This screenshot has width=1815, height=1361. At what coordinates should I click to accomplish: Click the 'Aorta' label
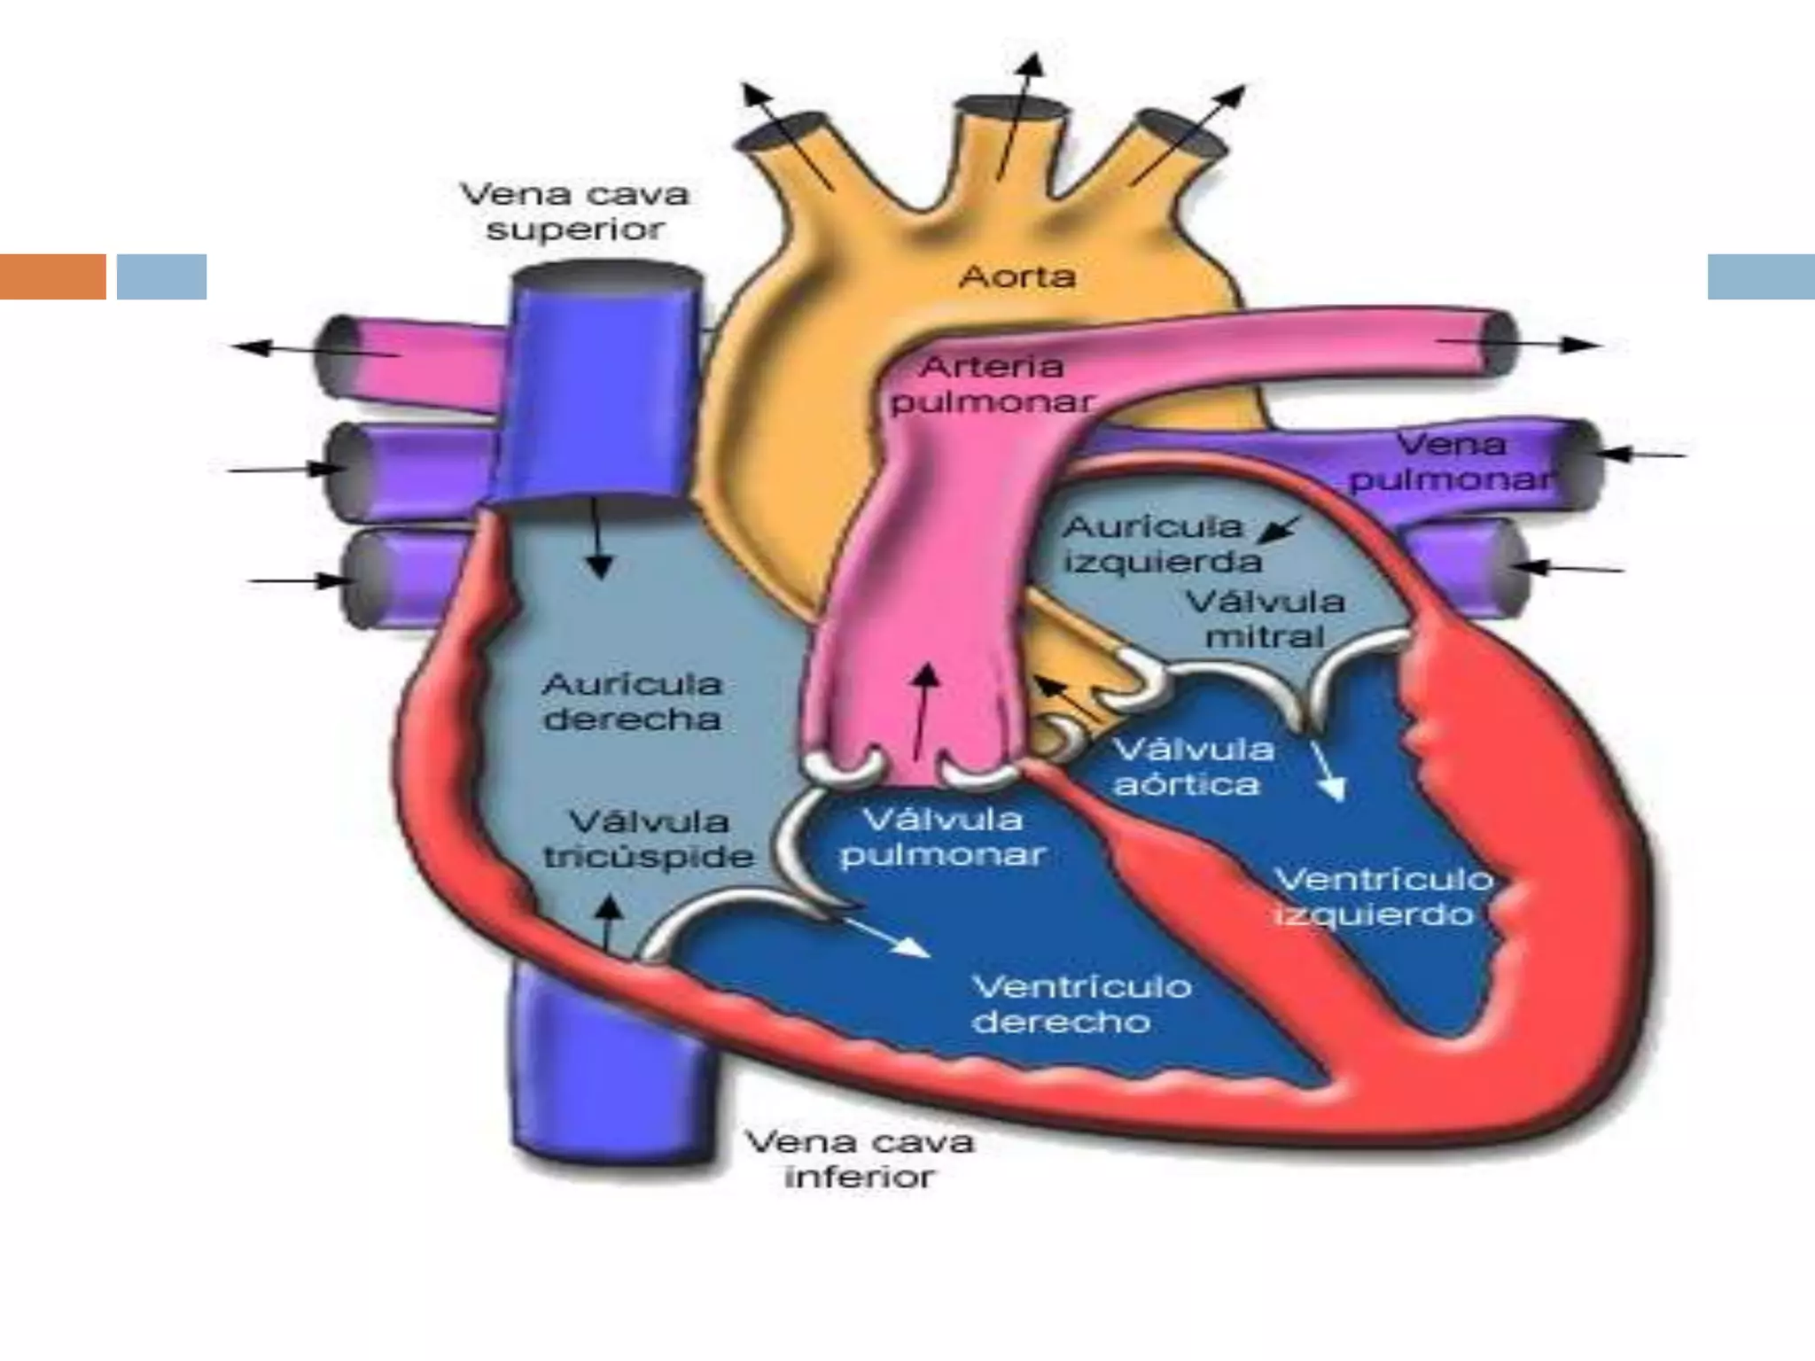point(1017,277)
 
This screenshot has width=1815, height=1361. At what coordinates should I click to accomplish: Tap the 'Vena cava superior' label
point(575,212)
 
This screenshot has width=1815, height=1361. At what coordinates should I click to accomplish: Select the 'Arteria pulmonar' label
point(991,385)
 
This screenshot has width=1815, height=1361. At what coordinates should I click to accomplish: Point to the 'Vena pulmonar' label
point(1451,462)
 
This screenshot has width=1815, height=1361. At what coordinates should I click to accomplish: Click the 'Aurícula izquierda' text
point(1161,544)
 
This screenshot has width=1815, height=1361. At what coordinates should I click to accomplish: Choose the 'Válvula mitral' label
point(1266,618)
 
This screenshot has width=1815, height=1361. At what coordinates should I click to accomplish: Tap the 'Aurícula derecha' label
point(632,701)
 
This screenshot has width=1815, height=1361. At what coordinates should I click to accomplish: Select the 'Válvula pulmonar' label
point(942,837)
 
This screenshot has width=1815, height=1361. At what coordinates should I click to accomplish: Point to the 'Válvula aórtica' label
point(1193,767)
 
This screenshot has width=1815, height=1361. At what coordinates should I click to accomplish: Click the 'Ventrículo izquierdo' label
point(1382,897)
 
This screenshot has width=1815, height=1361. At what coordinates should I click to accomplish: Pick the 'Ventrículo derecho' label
point(1081,1004)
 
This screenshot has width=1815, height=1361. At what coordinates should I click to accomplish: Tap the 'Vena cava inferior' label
point(859,1159)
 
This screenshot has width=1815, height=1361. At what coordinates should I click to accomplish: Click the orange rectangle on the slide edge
point(53,276)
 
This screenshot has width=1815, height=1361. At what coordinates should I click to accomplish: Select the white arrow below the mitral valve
point(1328,771)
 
